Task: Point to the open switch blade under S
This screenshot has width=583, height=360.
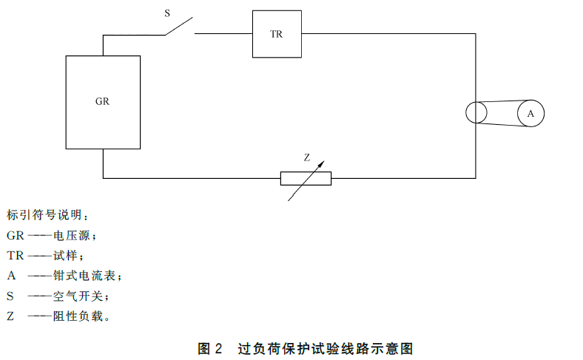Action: [179, 26]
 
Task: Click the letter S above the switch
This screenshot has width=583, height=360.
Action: [167, 13]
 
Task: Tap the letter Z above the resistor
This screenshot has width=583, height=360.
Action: [307, 158]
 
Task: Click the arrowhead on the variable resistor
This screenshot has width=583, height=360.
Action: [321, 164]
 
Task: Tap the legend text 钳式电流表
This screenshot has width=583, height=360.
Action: [84, 276]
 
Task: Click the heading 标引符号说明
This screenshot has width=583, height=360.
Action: [44, 214]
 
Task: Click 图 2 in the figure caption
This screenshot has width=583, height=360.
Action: [209, 348]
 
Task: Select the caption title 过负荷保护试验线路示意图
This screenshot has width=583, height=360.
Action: [326, 348]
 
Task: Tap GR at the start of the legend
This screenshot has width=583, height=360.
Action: [16, 236]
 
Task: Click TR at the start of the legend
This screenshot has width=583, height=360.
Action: [16, 256]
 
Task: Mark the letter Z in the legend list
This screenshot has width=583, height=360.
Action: [10, 316]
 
